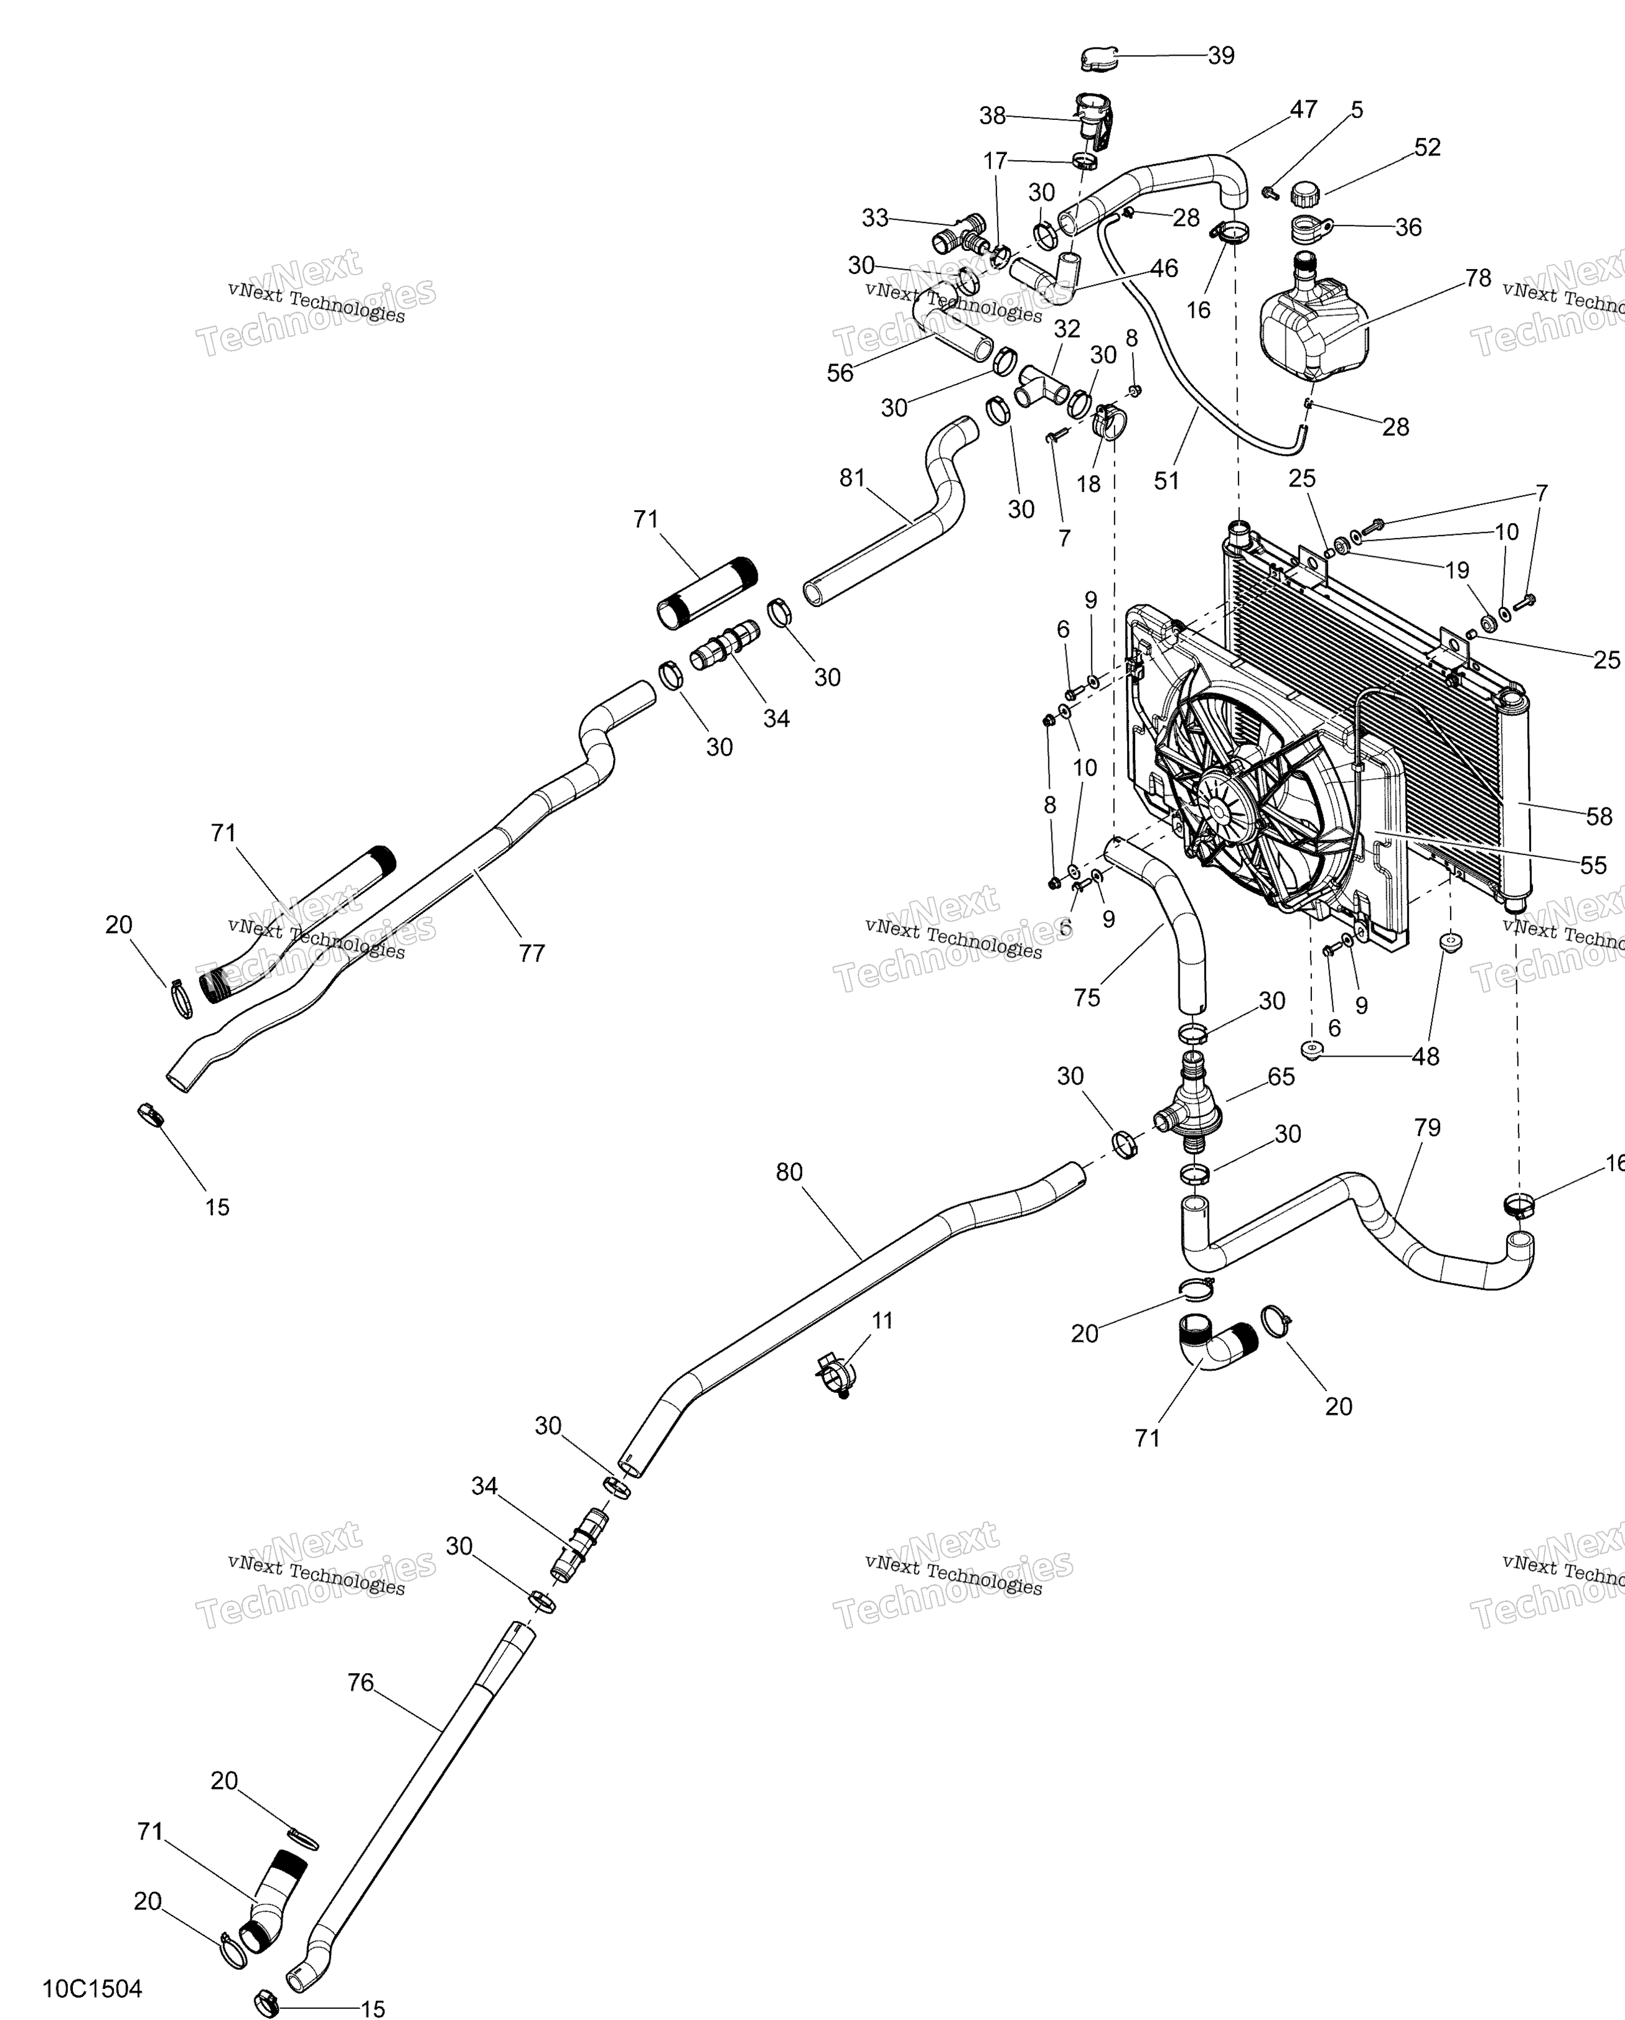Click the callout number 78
[1477, 278]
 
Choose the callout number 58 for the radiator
[1599, 816]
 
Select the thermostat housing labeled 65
[1190, 1106]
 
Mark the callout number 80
[789, 1172]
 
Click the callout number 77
[531, 953]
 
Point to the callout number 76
[360, 1682]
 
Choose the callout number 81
[852, 478]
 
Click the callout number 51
[1166, 480]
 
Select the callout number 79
[1426, 1128]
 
